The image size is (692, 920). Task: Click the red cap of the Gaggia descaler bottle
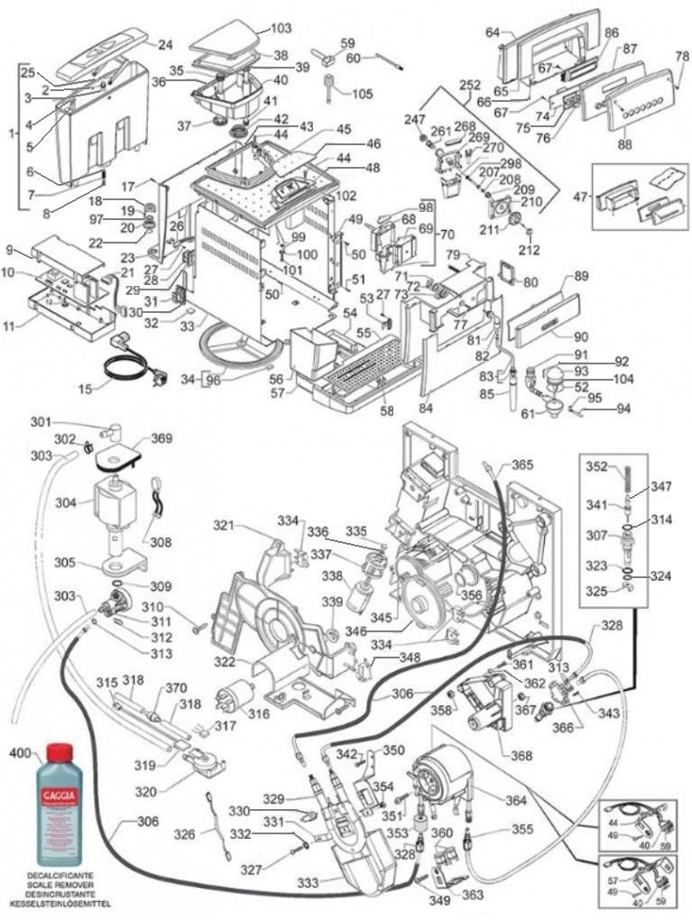[60, 752]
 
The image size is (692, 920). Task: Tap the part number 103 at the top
[281, 29]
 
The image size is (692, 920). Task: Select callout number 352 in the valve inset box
[597, 467]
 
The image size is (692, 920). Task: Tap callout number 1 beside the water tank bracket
[12, 133]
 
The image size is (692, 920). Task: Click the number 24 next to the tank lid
[165, 44]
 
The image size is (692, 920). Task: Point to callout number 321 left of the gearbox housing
[223, 524]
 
